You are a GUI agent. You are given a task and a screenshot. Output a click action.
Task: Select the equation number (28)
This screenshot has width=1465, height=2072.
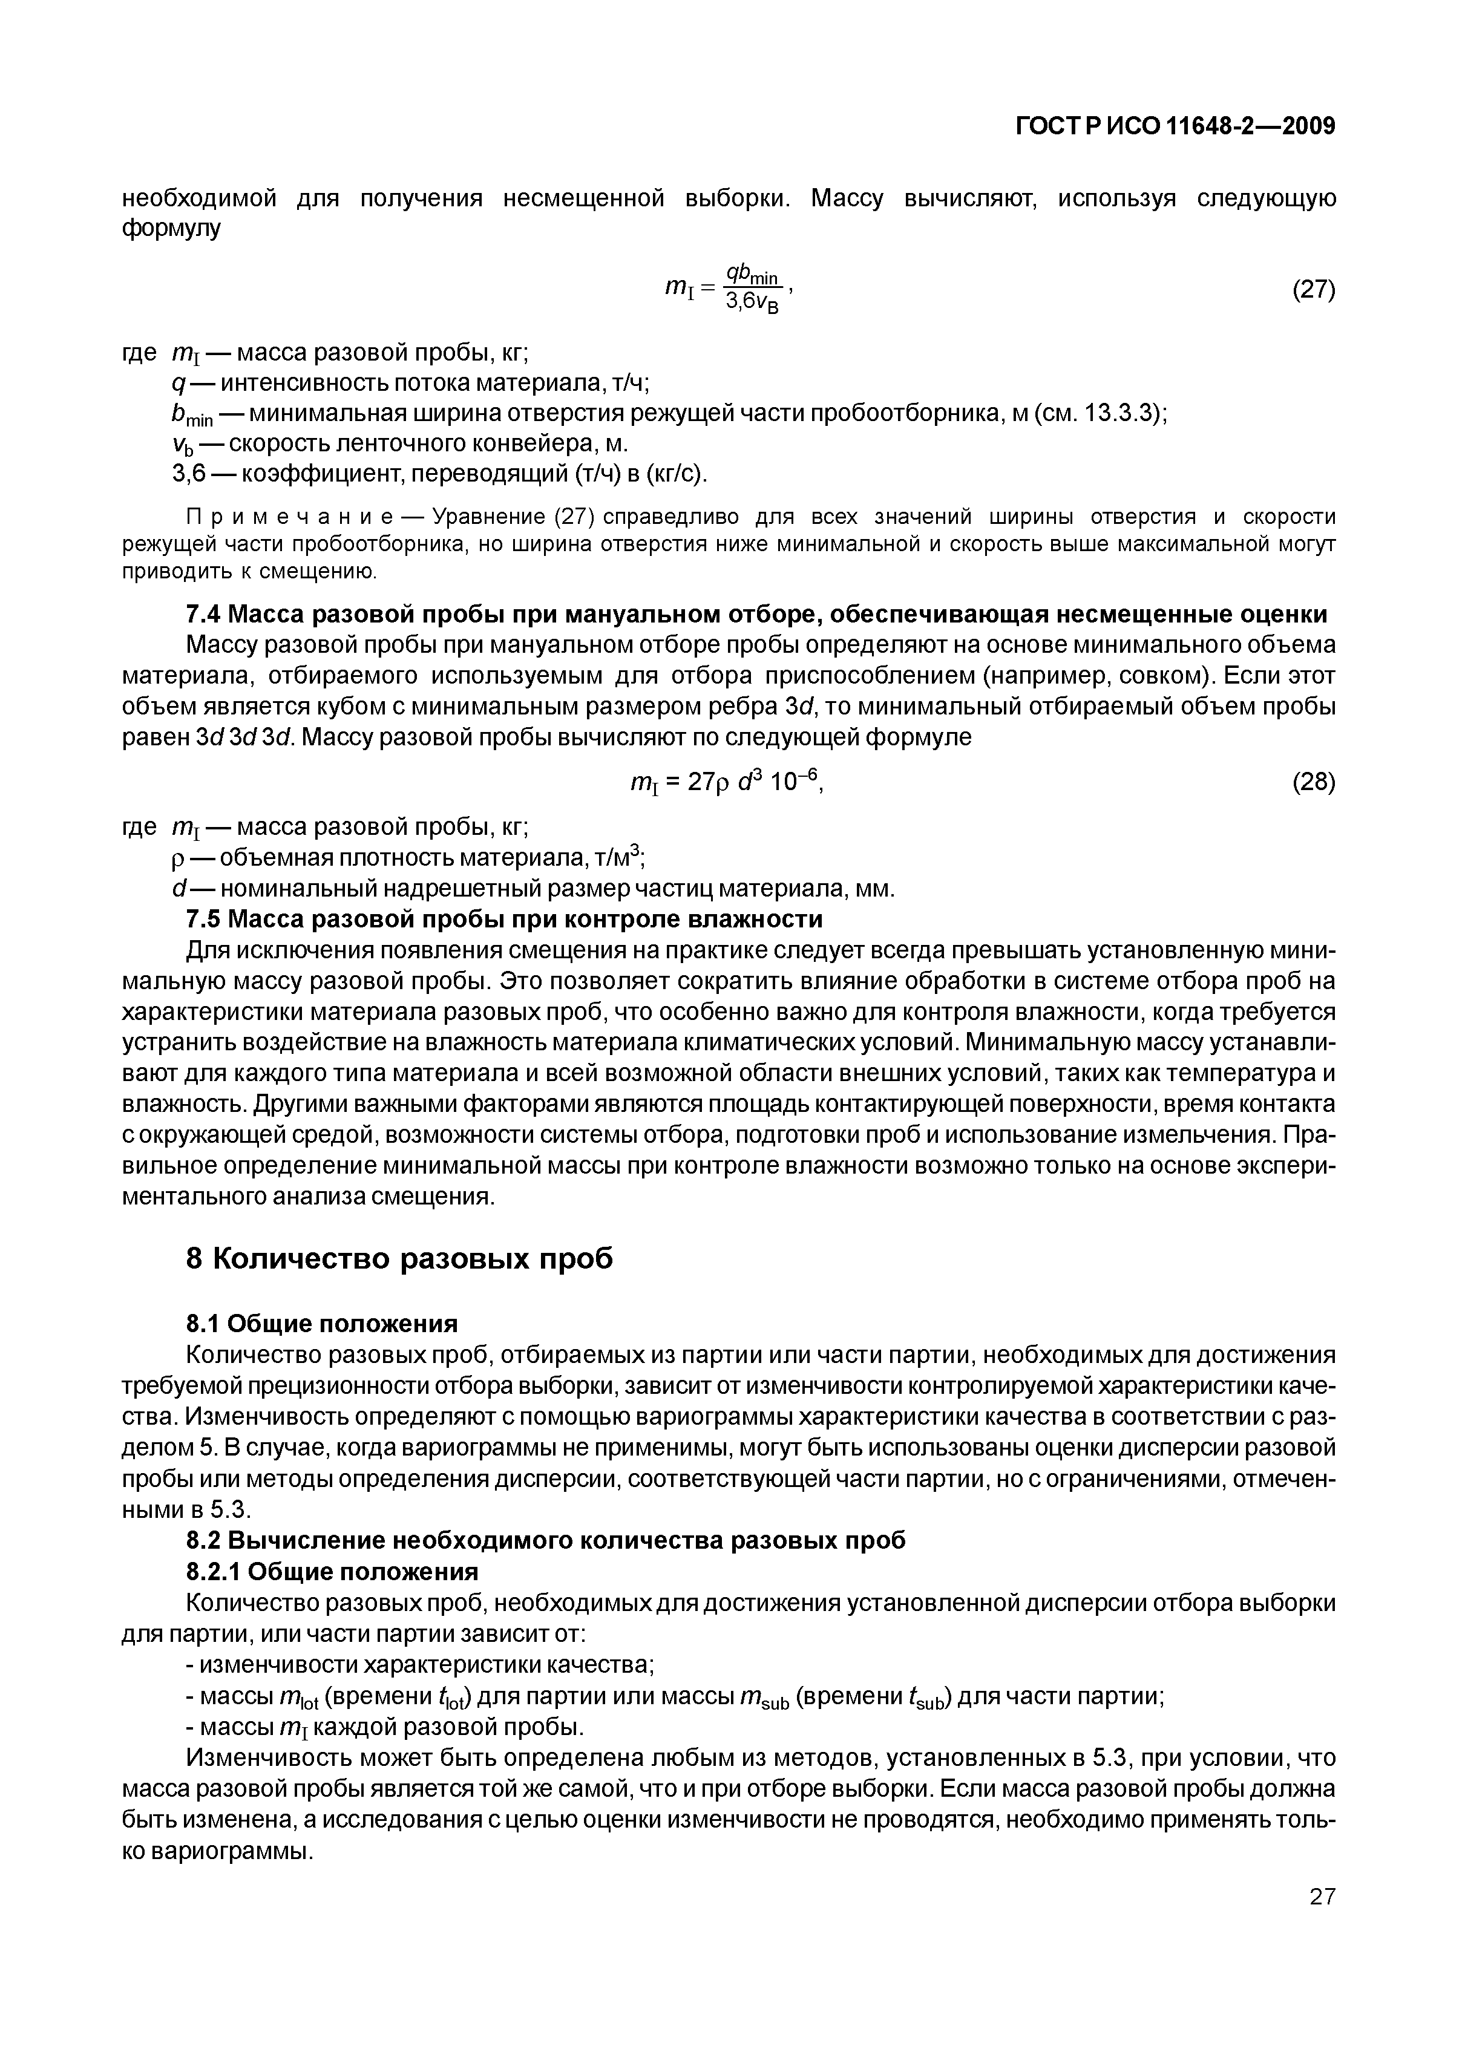[1313, 782]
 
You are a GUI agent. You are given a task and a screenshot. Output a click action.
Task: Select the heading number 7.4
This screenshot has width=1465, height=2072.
[202, 615]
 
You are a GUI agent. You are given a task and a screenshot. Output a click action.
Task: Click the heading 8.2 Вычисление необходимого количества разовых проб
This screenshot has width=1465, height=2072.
[545, 1540]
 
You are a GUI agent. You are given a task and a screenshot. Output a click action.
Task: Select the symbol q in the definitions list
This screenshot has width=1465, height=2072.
[177, 384]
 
